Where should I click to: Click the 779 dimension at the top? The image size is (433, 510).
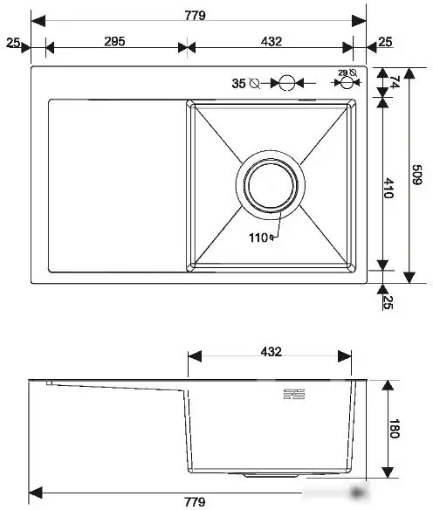[x=195, y=15]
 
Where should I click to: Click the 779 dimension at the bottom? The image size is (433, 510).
[x=195, y=501]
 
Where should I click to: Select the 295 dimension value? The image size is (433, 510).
[x=114, y=41]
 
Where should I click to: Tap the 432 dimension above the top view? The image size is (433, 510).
[x=271, y=41]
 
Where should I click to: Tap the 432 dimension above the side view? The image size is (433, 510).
[x=271, y=352]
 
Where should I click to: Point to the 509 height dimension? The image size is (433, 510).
[x=416, y=175]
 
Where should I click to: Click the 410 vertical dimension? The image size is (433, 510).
[x=388, y=188]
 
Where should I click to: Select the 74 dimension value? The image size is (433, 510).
[x=395, y=82]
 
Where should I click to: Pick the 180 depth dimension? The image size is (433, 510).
[x=395, y=429]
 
